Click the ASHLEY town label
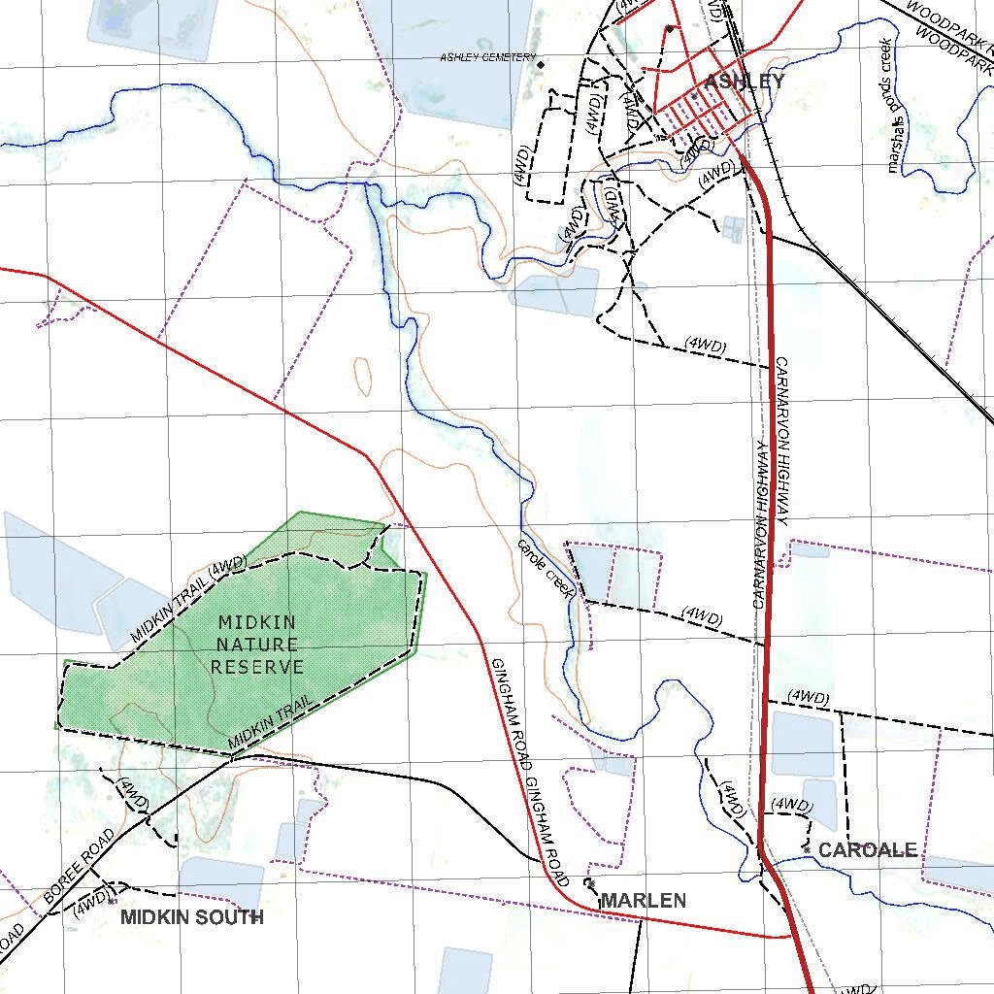744,82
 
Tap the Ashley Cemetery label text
487,58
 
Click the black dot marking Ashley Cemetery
541,65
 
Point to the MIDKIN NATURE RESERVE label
257,645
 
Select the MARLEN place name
643,901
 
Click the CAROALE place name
867,850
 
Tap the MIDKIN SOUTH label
191,917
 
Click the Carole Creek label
546,567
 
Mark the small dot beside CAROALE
807,849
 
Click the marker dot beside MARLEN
589,883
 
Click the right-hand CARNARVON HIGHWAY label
783,442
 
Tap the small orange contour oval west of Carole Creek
363,375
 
